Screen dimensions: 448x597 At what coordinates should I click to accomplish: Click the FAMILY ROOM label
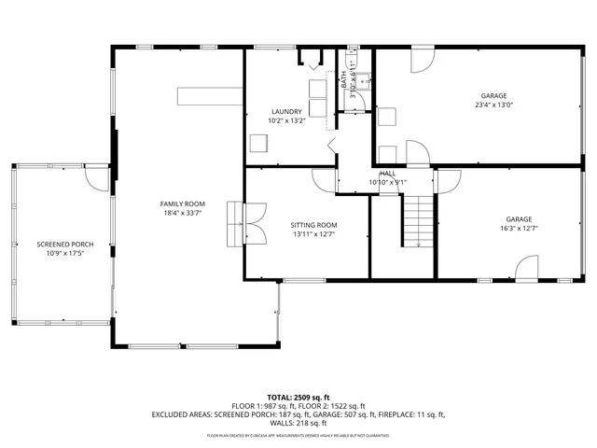coord(182,203)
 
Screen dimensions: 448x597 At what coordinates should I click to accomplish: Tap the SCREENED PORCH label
coord(59,245)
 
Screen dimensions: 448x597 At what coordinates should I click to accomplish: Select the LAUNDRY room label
coord(285,111)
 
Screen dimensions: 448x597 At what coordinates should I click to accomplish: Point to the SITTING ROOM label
coord(313,225)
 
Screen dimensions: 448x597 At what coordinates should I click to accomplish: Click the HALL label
coord(387,174)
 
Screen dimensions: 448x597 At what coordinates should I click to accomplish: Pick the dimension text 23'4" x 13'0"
coord(493,105)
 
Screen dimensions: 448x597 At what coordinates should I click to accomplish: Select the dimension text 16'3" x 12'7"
coord(519,229)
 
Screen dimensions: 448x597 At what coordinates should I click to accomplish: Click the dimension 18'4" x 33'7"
coord(182,214)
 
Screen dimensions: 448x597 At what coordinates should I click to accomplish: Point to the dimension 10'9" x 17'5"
coord(59,255)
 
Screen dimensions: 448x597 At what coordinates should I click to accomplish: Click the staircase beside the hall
coord(419,220)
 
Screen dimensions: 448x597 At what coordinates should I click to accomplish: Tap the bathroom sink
coord(362,79)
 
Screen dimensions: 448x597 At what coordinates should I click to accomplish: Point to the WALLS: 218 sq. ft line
coord(298,425)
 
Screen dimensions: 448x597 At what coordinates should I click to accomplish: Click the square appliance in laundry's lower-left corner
coord(258,144)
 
